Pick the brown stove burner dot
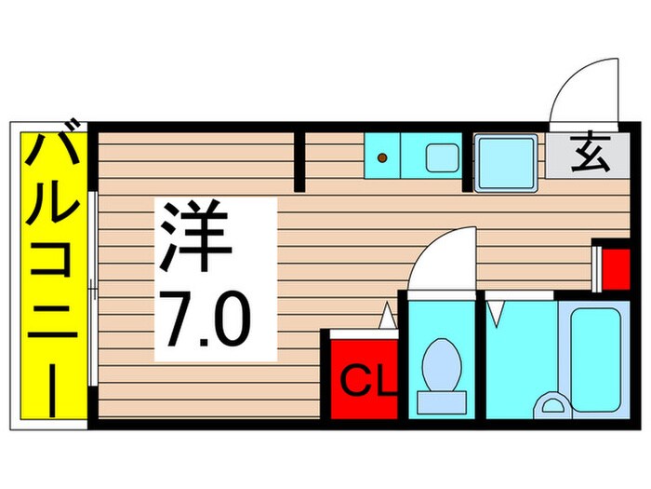381,157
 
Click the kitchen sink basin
440,156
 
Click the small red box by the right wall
612,266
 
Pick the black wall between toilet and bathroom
480,358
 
